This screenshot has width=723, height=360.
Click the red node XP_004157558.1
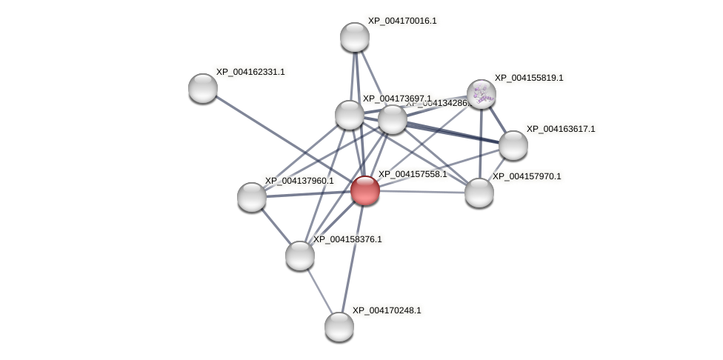[365, 190]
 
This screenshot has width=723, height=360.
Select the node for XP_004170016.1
[355, 37]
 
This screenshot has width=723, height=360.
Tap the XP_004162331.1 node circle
[203, 88]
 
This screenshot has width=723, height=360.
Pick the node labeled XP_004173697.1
[350, 115]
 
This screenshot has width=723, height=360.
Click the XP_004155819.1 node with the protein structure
[482, 94]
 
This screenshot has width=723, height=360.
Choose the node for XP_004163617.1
[513, 145]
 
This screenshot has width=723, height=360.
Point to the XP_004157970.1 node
[479, 193]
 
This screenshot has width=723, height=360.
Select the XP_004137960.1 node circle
[252, 197]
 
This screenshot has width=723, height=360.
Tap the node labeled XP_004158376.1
[300, 256]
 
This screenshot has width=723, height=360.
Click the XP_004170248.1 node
[339, 327]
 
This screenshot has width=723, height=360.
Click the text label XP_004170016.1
[402, 21]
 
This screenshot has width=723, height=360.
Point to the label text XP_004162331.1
[250, 72]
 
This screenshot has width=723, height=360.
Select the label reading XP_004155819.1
[529, 78]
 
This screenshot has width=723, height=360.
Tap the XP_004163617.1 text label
[561, 129]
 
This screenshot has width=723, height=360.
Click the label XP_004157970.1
[527, 176]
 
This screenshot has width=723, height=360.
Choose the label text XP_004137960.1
[299, 181]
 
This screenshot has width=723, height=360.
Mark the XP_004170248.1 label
[387, 310]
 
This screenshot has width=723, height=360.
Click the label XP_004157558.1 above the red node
[413, 174]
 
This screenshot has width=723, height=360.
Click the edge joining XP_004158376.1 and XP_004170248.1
[319, 290]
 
